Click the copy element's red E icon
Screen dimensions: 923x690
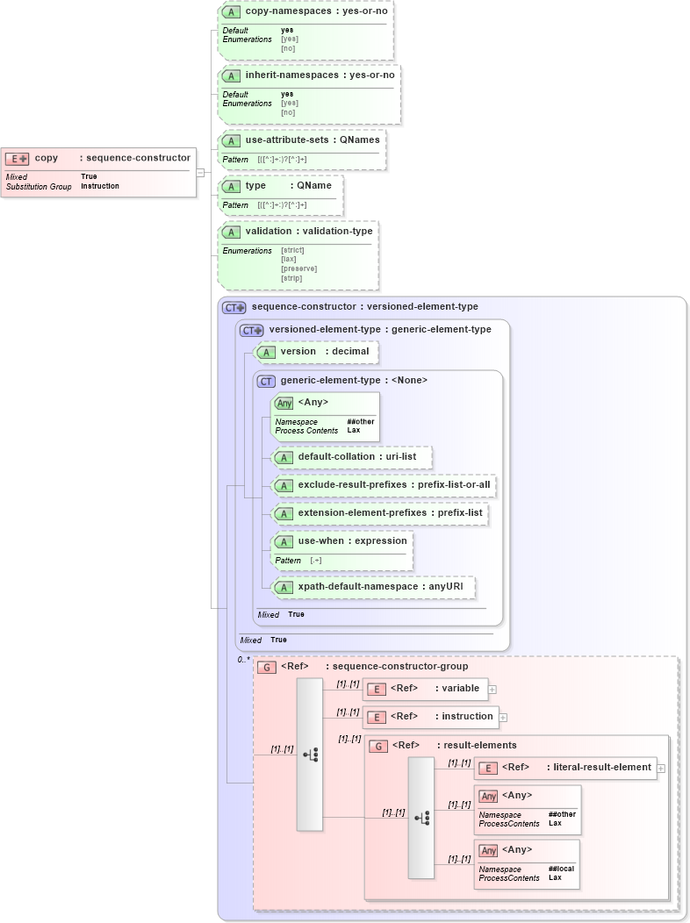pyautogui.click(x=17, y=159)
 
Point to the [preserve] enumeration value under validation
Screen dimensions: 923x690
pyautogui.click(x=298, y=268)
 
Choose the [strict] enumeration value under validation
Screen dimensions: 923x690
pyautogui.click(x=291, y=251)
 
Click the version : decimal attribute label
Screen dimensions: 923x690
pyautogui.click(x=324, y=352)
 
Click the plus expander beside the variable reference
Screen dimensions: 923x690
pyautogui.click(x=492, y=690)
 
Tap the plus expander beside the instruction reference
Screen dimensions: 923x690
pyautogui.click(x=503, y=718)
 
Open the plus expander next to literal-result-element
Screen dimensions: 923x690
pyautogui.click(x=660, y=768)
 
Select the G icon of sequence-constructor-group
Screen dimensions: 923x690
pyautogui.click(x=266, y=667)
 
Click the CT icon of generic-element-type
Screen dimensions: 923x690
pyautogui.click(x=265, y=381)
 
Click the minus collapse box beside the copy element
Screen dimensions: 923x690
pyautogui.click(x=200, y=172)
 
